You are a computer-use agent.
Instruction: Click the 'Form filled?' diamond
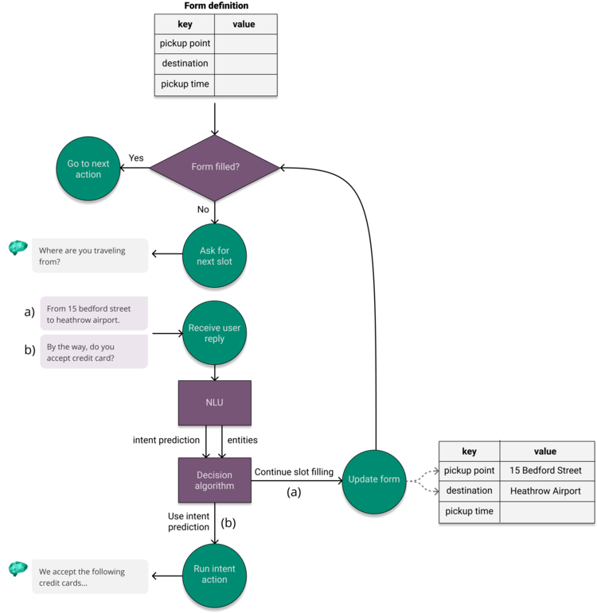click(x=214, y=168)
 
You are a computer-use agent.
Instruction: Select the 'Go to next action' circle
click(x=88, y=169)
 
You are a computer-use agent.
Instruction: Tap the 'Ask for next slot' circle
click(x=214, y=256)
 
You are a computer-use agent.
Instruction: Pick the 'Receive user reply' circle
click(x=214, y=333)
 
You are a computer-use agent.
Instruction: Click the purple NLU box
click(x=214, y=403)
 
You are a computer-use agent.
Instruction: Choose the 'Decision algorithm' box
click(x=214, y=480)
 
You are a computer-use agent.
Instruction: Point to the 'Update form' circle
click(x=374, y=479)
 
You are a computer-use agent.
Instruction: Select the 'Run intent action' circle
click(x=214, y=574)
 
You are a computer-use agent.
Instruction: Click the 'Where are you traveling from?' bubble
click(x=89, y=256)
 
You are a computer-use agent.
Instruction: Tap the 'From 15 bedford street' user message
click(x=94, y=314)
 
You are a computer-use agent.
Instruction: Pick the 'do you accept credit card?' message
click(x=94, y=352)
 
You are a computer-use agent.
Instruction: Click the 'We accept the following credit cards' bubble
click(x=89, y=577)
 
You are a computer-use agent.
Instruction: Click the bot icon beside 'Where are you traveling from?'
click(x=18, y=248)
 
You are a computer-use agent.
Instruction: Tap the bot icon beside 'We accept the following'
click(x=18, y=568)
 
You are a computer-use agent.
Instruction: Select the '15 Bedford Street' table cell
click(x=546, y=471)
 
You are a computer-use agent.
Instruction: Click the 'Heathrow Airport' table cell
click(x=546, y=491)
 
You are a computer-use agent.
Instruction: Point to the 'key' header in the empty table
click(x=185, y=25)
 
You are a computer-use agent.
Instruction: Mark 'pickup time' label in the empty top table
click(x=185, y=84)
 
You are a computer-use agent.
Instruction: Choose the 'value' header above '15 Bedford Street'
click(x=546, y=452)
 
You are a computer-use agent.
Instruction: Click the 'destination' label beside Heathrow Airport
click(x=469, y=491)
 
